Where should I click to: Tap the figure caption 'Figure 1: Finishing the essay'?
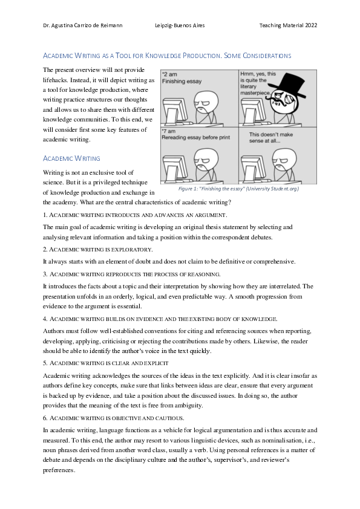[238, 189]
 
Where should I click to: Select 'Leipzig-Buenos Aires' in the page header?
[180, 26]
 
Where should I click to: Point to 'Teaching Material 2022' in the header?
[288, 26]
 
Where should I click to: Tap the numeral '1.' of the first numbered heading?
[45, 215]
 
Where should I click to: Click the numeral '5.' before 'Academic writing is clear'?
[45, 363]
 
